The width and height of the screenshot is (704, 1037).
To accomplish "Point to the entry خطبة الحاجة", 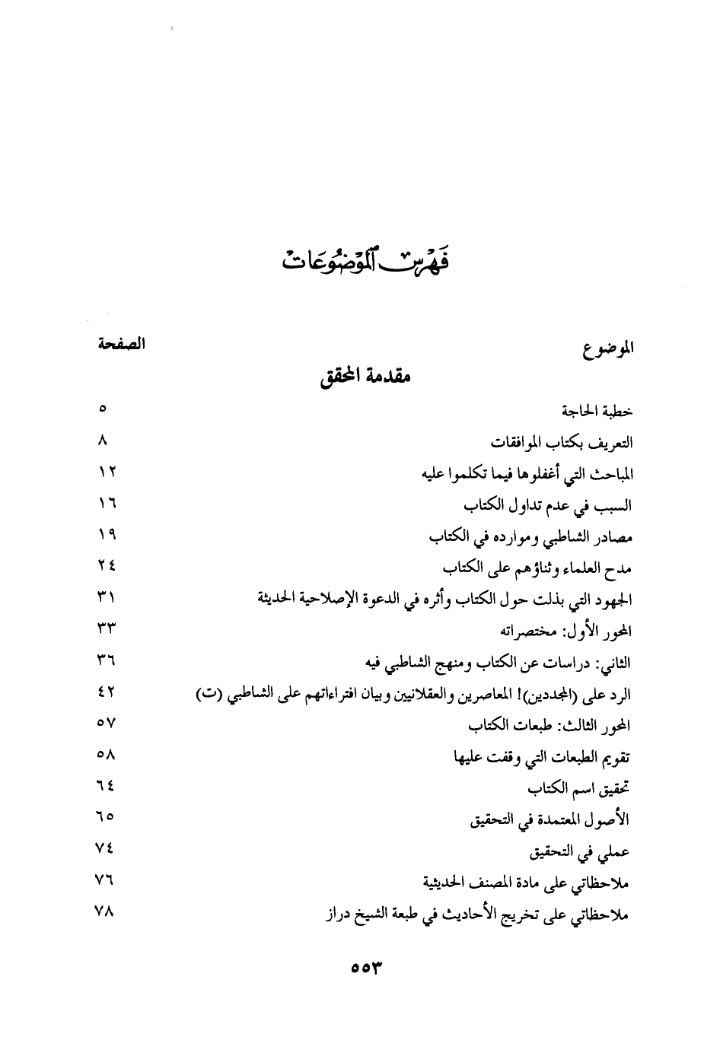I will [x=597, y=411].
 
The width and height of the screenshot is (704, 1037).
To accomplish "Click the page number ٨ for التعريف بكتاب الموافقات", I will [x=104, y=441].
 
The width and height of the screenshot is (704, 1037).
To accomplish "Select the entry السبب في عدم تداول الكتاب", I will [x=548, y=505].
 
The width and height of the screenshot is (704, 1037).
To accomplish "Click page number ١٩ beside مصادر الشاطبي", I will [x=106, y=535].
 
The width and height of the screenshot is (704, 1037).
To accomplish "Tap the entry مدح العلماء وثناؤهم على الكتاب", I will [x=537, y=568].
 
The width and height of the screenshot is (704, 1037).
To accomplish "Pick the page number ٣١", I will [x=106, y=598].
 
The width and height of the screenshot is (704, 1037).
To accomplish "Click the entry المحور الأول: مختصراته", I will [x=566, y=631].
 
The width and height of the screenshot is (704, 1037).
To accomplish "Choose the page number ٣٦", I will [x=106, y=661].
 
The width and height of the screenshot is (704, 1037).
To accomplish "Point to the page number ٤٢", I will [x=106, y=692].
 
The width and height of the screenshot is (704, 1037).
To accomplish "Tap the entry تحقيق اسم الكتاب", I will [x=579, y=789].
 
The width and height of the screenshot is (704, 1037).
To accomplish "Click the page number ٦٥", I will [x=106, y=818].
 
